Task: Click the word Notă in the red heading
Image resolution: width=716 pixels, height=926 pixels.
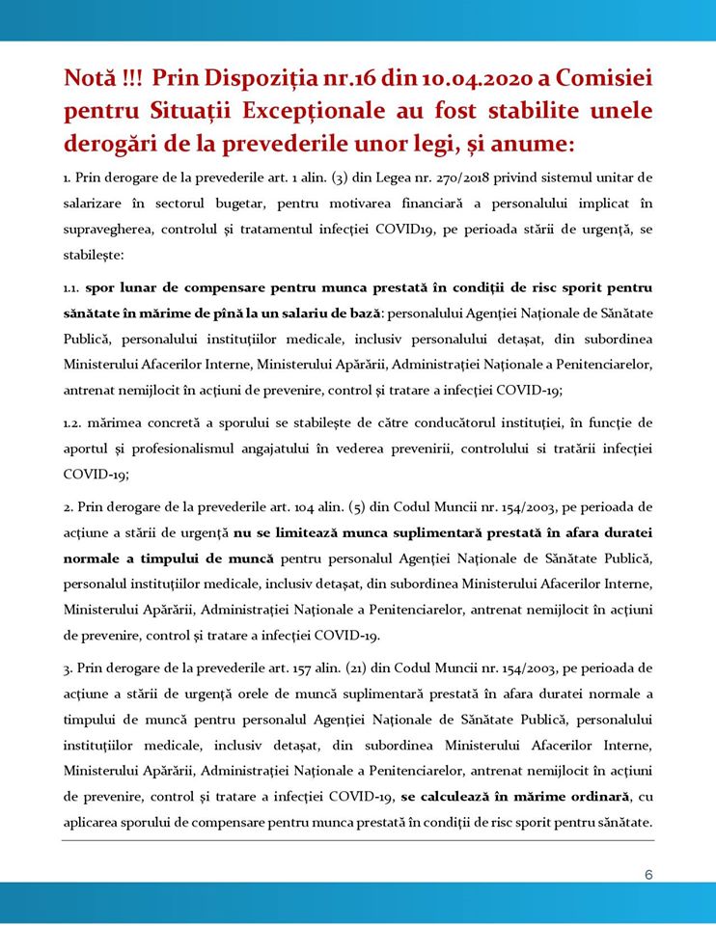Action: [x=92, y=77]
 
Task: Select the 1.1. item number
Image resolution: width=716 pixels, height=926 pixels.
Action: [x=72, y=287]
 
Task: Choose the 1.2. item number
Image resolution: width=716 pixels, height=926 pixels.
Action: [x=72, y=423]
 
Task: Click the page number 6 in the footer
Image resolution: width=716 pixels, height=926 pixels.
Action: [x=648, y=875]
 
